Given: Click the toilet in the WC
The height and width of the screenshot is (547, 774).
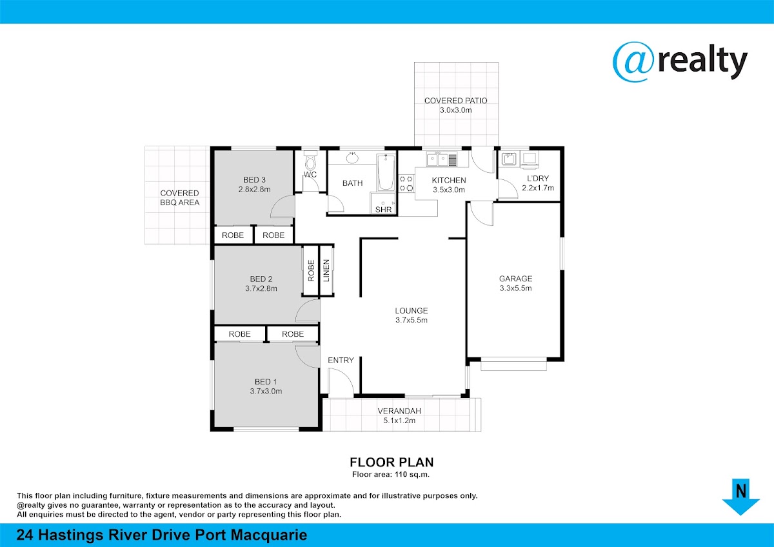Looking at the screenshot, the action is pyautogui.click(x=311, y=161).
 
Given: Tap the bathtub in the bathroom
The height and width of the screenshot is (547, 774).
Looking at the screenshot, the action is pyautogui.click(x=386, y=172).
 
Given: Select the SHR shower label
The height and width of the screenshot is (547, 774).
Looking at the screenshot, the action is pyautogui.click(x=384, y=210).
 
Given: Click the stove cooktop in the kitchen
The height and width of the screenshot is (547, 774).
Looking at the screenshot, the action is pyautogui.click(x=406, y=183).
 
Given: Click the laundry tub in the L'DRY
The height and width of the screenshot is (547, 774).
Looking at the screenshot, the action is pyautogui.click(x=509, y=159).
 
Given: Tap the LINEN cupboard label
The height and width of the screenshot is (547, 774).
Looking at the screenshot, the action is pyautogui.click(x=326, y=270).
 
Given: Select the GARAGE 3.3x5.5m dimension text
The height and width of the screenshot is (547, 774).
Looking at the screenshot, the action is pyautogui.click(x=515, y=288).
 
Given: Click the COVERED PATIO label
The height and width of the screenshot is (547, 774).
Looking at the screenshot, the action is pyautogui.click(x=456, y=101).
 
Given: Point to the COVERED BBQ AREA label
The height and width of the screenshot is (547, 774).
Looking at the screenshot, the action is pyautogui.click(x=180, y=197).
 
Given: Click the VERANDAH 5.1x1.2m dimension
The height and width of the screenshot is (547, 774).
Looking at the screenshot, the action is pyautogui.click(x=399, y=421).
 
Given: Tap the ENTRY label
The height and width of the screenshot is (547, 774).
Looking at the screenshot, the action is pyautogui.click(x=341, y=360).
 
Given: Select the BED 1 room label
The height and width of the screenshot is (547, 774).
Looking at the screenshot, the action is pyautogui.click(x=266, y=381).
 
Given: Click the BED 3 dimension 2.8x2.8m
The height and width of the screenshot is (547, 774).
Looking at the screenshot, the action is pyautogui.click(x=254, y=190).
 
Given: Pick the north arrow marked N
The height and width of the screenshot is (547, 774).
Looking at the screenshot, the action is pyautogui.click(x=740, y=497).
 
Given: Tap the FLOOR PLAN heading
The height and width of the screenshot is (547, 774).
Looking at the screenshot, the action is pyautogui.click(x=392, y=462).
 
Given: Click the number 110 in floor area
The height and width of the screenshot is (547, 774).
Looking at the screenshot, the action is pyautogui.click(x=401, y=475).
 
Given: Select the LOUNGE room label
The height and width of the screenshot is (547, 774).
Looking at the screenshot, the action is pyautogui.click(x=412, y=311).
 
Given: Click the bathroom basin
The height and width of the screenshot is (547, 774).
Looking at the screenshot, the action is pyautogui.click(x=352, y=157).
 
